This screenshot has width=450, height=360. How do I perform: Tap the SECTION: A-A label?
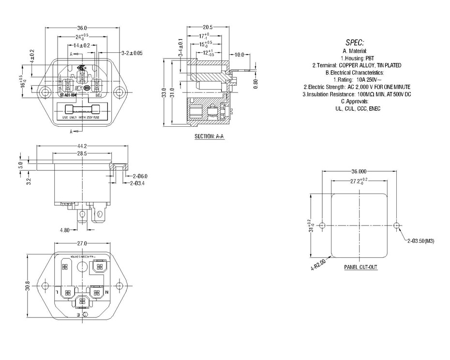tap(209, 136)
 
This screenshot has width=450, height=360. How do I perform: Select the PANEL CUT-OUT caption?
tap(360, 267)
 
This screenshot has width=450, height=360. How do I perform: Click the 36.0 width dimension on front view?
tap(82, 28)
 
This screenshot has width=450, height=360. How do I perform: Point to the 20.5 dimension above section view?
tap(208, 28)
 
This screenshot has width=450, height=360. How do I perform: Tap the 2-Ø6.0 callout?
tap(139, 176)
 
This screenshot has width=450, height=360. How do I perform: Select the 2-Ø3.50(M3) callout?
tap(420, 240)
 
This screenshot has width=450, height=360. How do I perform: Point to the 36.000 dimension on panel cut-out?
tap(359, 172)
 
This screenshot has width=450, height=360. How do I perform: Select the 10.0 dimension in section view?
tap(240, 55)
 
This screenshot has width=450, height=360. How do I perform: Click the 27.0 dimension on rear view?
tap(82, 243)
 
